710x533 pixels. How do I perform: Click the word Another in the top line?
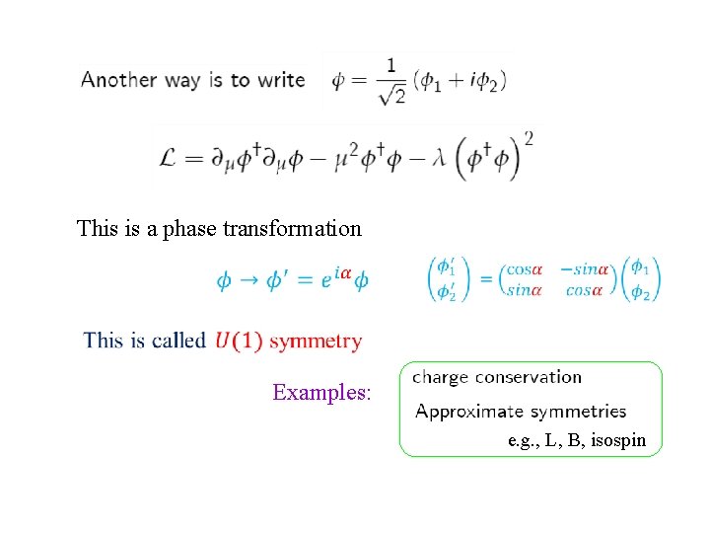(x=119, y=80)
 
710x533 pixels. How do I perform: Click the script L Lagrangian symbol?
(x=169, y=160)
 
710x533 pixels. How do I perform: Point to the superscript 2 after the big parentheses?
(x=530, y=138)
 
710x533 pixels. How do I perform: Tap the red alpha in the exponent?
(x=345, y=272)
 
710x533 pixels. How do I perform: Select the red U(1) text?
(x=238, y=341)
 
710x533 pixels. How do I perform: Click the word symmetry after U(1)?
(x=316, y=342)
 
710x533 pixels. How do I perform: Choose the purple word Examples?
(x=321, y=393)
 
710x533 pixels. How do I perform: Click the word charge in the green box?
(x=441, y=377)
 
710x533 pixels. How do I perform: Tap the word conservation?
(x=528, y=376)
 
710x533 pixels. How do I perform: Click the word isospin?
(x=619, y=441)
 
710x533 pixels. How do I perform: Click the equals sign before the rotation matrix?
(x=485, y=279)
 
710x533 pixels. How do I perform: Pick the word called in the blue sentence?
(x=179, y=341)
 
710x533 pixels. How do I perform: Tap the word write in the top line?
(x=281, y=80)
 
